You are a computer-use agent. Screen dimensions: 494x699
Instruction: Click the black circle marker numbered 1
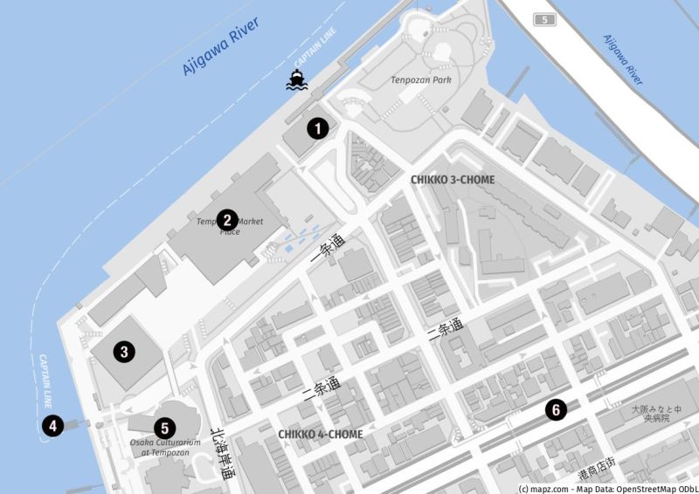320,129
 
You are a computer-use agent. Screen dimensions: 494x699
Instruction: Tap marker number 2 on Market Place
227,220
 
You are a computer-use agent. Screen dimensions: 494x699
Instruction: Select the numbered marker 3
125,352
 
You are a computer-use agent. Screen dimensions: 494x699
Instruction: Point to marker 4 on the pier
54,426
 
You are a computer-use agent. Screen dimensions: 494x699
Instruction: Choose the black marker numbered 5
163,428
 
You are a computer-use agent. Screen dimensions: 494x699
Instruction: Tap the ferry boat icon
299,81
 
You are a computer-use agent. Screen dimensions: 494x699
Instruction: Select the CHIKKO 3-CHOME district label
453,180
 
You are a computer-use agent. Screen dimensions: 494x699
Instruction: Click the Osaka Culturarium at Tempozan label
166,448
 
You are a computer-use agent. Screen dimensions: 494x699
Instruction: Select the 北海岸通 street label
222,454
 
